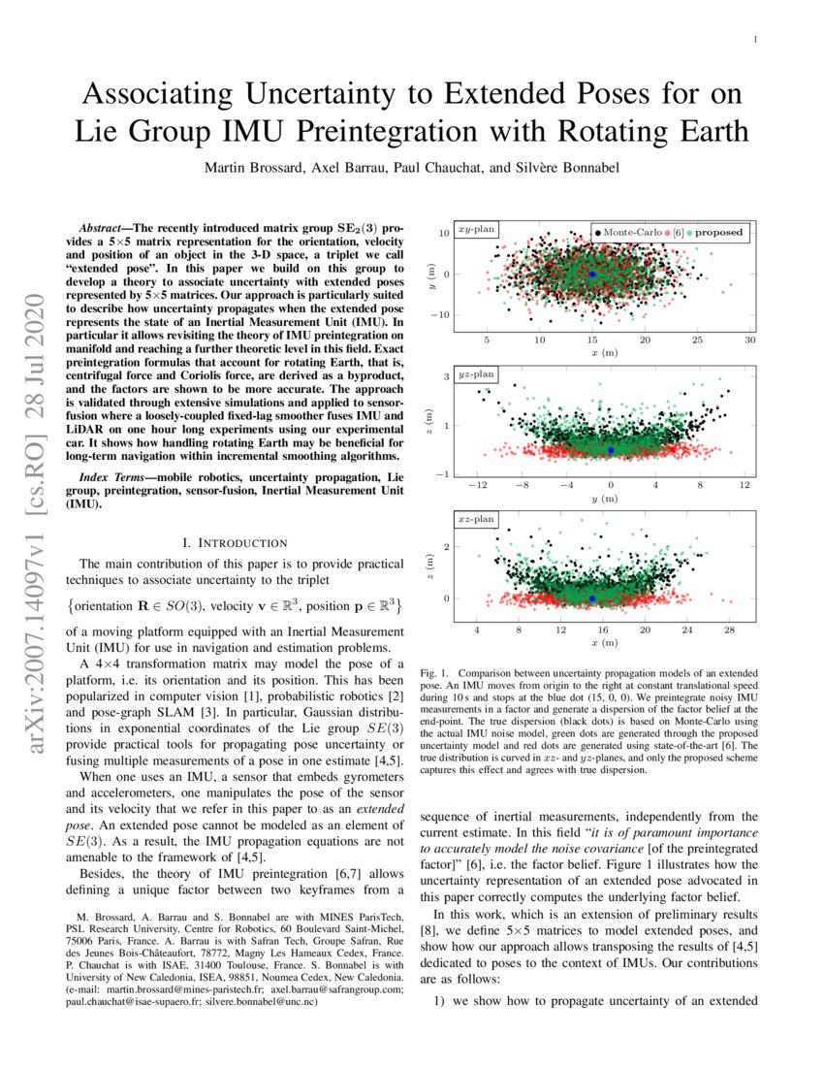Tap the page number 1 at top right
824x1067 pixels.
(x=754, y=39)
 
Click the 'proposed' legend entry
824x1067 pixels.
(x=717, y=233)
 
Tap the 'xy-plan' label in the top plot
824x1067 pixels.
(x=476, y=231)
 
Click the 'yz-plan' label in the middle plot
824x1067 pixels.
(x=476, y=372)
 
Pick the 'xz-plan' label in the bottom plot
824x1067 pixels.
(x=476, y=519)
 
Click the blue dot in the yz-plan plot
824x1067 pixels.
(x=611, y=450)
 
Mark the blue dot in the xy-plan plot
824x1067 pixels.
(x=592, y=275)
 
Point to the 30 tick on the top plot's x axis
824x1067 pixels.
(x=749, y=340)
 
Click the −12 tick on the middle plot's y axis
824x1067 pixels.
(x=476, y=485)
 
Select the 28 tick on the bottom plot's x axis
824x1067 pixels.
(x=729, y=630)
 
